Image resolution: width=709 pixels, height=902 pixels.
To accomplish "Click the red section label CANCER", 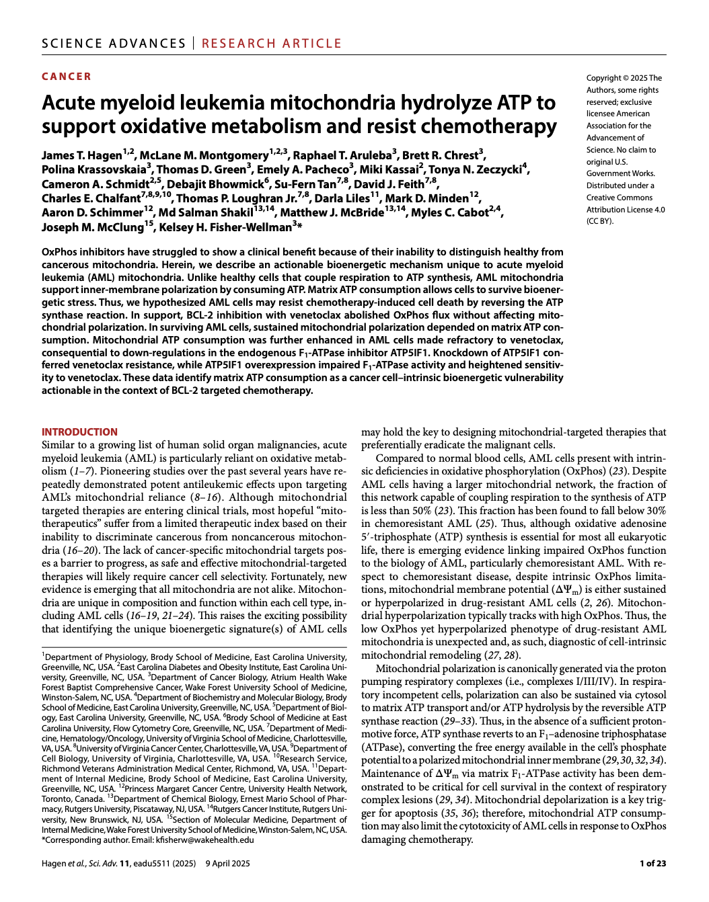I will [x=67, y=77].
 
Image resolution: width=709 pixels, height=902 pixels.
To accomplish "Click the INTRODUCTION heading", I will [x=79, y=432].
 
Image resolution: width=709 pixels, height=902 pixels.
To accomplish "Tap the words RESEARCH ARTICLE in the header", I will [x=272, y=44].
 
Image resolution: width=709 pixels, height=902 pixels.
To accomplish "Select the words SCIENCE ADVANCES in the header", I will [x=114, y=44].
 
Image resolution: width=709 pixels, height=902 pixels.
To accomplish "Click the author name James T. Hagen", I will [x=81, y=156].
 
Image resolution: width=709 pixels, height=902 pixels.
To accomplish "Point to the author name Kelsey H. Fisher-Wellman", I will [x=225, y=227].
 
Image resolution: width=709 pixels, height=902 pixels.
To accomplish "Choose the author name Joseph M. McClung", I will [x=92, y=227].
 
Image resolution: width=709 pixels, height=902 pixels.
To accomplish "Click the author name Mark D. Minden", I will [x=426, y=198].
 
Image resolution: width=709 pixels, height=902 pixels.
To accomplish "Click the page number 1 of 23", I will [x=652, y=864].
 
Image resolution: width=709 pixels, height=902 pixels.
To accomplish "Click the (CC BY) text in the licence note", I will [x=600, y=221].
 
